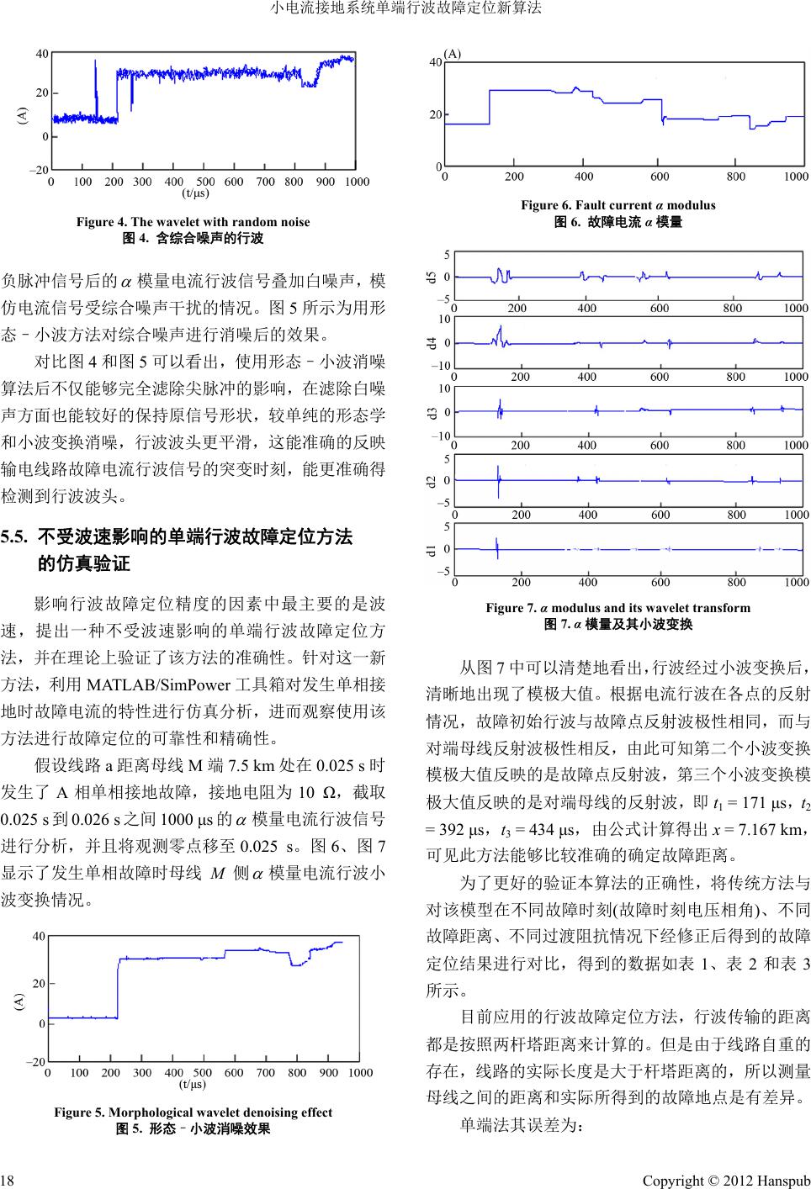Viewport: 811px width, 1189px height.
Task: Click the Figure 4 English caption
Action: [193, 222]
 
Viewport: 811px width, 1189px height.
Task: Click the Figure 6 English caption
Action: [618, 205]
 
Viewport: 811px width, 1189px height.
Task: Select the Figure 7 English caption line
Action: [618, 608]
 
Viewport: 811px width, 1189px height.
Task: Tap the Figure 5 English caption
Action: [193, 1112]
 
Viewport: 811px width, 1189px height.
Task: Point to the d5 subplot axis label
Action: [432, 277]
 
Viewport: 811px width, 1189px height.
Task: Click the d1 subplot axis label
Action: [432, 551]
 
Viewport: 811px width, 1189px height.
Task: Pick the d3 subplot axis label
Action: [432, 413]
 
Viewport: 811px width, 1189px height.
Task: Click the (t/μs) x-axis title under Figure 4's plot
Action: [195, 193]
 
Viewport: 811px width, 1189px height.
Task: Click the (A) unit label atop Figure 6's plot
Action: [453, 53]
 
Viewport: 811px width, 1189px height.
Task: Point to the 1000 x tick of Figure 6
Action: [795, 177]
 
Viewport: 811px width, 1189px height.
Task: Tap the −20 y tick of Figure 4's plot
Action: [38, 170]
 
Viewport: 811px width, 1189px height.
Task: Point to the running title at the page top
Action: [405, 9]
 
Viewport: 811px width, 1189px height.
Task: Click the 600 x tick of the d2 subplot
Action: [660, 514]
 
